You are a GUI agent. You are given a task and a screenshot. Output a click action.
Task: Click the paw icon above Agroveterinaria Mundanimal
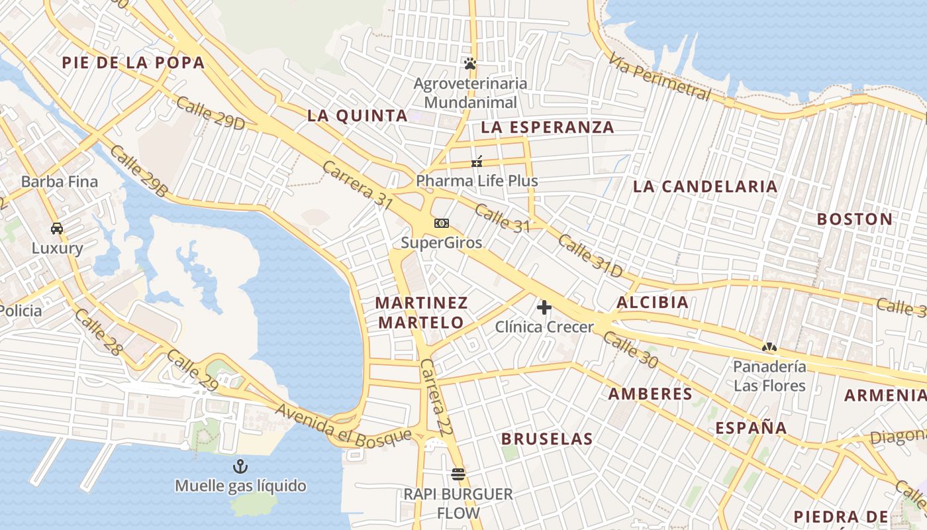click(470, 64)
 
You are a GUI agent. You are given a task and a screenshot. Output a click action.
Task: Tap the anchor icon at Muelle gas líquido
click(240, 467)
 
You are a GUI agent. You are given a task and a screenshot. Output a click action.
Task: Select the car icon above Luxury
click(57, 229)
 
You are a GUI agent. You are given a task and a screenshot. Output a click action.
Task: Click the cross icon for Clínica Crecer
click(544, 307)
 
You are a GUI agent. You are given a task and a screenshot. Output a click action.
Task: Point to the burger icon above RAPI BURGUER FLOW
click(458, 474)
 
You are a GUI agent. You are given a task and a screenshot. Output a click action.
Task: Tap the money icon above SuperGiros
click(441, 223)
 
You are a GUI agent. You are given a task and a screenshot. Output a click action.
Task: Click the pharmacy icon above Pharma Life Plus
click(477, 162)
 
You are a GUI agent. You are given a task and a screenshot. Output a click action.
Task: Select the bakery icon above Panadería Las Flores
click(769, 346)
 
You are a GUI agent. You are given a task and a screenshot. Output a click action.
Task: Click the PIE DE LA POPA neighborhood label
click(133, 63)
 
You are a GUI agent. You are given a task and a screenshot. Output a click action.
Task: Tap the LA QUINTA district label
click(357, 115)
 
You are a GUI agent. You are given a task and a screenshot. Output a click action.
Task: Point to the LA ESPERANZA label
click(548, 127)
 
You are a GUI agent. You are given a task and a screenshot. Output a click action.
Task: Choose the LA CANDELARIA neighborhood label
click(705, 186)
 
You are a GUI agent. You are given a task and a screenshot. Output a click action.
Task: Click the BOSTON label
click(854, 219)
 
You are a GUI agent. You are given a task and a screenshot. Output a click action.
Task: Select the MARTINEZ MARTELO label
click(421, 313)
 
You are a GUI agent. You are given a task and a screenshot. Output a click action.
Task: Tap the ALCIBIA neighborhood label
click(652, 303)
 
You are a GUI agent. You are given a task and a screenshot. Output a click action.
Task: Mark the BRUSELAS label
click(547, 439)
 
